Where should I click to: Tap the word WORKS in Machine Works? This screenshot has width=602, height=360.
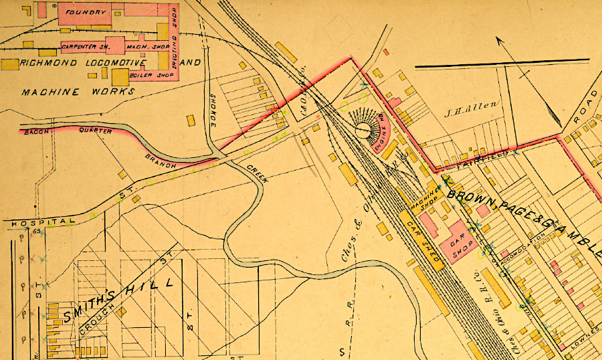pyautogui.click(x=114, y=91)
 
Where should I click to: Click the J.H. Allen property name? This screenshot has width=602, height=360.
pyautogui.click(x=462, y=104)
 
